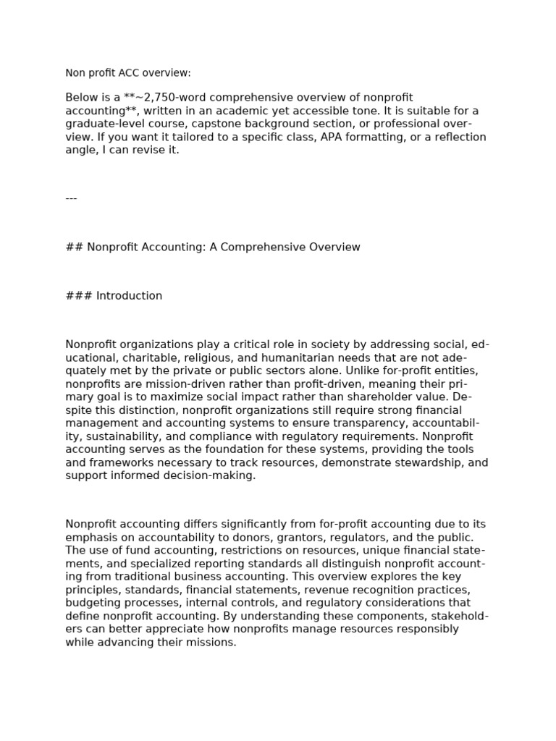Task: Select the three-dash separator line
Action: pyautogui.click(x=71, y=198)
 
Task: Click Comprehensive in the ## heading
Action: pyautogui.click(x=259, y=247)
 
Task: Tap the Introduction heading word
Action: pyautogui.click(x=129, y=296)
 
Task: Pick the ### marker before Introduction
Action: pyautogui.click(x=78, y=296)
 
